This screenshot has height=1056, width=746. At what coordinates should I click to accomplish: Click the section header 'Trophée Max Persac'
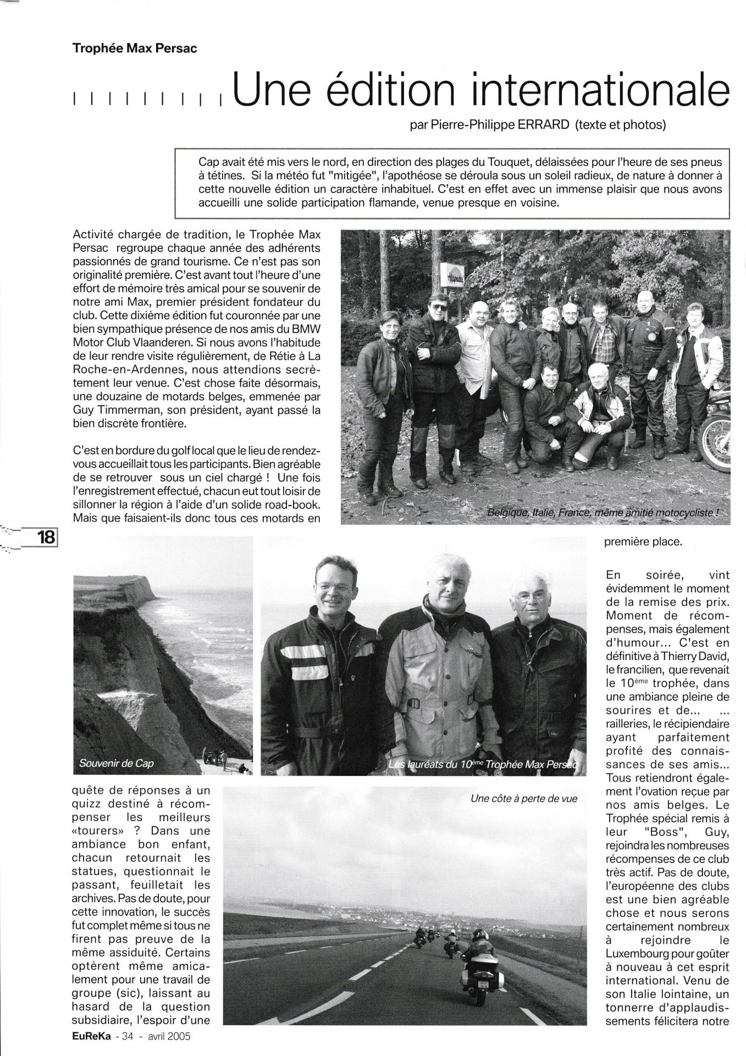134,48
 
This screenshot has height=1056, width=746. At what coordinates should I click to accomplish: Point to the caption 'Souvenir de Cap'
116,763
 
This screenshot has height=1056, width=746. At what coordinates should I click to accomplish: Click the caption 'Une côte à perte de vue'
524,799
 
